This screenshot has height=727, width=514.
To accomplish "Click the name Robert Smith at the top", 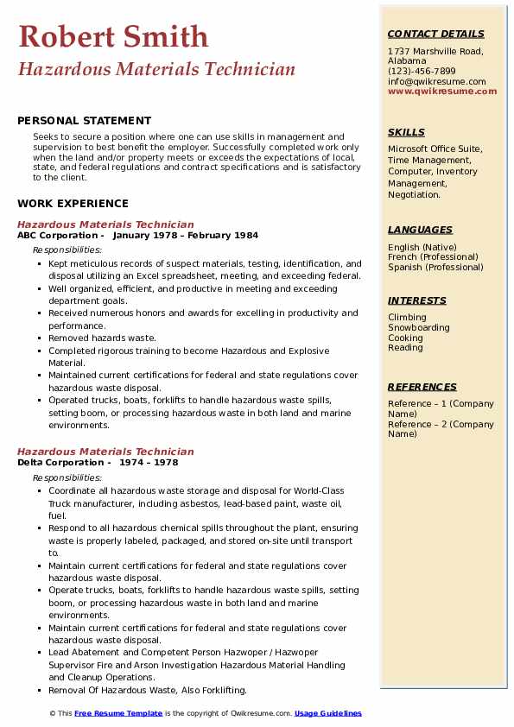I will pos(113,36).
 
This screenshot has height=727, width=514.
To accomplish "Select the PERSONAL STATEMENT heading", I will pos(84,121).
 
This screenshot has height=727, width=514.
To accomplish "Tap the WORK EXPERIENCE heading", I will pos(73,204).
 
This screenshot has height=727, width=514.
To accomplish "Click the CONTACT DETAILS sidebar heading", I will pos(435,35).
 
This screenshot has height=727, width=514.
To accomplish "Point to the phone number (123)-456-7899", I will pos(422,72).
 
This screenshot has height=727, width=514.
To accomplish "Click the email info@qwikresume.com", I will pos(436,82).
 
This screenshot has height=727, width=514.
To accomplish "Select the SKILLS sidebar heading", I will pos(406,133).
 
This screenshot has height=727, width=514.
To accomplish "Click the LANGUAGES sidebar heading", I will pos(420,230).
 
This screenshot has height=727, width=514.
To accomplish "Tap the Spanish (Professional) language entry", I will pos(435,268).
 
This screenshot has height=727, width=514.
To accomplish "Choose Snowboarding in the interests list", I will pos(419,328).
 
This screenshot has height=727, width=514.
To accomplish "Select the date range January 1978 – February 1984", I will pos(185,236).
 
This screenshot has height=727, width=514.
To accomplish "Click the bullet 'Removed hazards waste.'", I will pos(102,338).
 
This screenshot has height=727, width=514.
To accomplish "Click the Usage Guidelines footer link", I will pos(328,714).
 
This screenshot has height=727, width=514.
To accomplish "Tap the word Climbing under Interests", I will pos(406,318).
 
